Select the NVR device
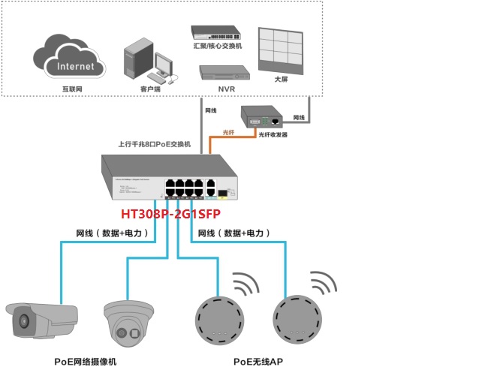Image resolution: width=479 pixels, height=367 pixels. [x=223, y=73]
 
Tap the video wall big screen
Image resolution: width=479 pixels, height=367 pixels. [x=282, y=51]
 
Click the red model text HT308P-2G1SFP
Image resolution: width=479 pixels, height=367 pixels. [x=190, y=214]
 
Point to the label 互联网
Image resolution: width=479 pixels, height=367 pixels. [x=72, y=89]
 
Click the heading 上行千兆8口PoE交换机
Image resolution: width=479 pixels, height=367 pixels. [x=155, y=143]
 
